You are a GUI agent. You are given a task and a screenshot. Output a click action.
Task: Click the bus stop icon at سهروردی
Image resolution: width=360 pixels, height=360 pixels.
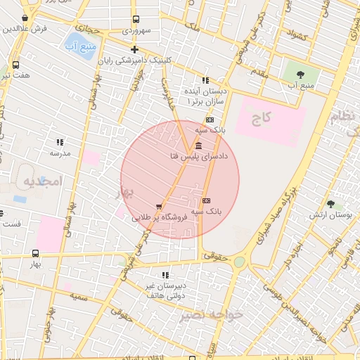coord(135,20)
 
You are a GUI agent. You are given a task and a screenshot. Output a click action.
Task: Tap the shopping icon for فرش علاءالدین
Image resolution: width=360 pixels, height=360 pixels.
coord(26,18)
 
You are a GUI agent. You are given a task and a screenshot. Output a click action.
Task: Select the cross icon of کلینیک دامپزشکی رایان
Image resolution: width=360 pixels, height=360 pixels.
coord(134,49)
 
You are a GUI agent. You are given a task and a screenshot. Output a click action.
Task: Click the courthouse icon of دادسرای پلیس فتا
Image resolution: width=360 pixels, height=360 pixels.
coord(199,146)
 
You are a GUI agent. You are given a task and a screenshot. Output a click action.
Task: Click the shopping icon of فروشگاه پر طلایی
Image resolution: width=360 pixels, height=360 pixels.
coord(159,207)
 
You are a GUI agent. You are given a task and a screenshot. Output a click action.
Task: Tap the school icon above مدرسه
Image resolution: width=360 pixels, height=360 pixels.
coord(60,142)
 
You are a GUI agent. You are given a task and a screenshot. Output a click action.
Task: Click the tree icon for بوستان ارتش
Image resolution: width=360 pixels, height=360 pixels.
coord(330,204)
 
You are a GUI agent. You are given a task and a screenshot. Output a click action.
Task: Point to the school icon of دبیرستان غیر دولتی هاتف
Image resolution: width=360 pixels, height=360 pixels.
coord(165,275)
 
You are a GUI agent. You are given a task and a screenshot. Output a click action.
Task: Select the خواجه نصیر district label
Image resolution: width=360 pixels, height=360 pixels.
coord(212,314)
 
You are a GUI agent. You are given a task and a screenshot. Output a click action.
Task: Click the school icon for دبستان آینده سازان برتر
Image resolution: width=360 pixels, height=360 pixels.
coord(205,81)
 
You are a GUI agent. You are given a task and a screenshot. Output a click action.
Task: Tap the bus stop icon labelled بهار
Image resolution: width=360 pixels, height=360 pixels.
coord(35,253)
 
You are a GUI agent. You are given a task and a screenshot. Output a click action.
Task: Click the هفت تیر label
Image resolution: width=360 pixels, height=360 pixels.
coord(14,75)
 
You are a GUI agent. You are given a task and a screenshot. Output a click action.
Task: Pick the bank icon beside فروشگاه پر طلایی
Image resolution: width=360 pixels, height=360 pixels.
coord(205,200)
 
